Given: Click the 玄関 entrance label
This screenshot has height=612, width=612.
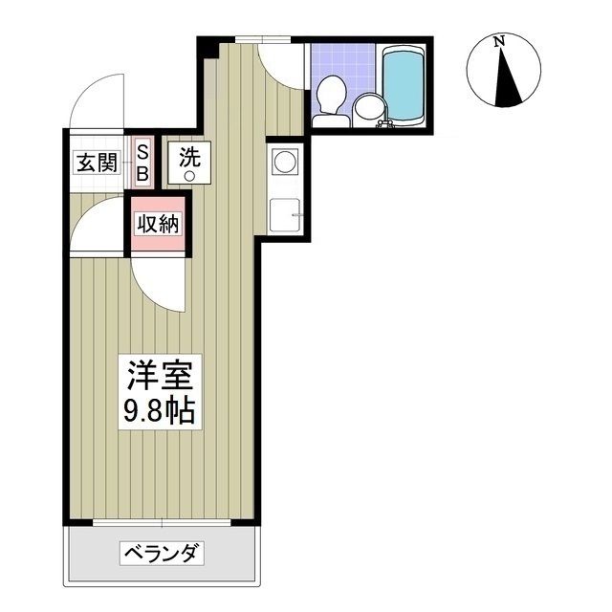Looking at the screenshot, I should click(96, 162).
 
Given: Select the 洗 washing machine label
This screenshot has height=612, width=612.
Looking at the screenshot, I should click(188, 155).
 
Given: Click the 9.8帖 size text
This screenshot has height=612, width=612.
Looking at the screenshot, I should click(159, 411).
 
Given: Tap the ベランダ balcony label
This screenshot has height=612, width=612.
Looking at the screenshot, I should click(162, 553).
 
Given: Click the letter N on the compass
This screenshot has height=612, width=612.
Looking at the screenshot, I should click(499, 41).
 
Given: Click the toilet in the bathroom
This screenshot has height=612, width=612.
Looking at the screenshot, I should click(332, 97).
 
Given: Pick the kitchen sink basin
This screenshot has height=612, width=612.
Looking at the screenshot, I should click(283, 215).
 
